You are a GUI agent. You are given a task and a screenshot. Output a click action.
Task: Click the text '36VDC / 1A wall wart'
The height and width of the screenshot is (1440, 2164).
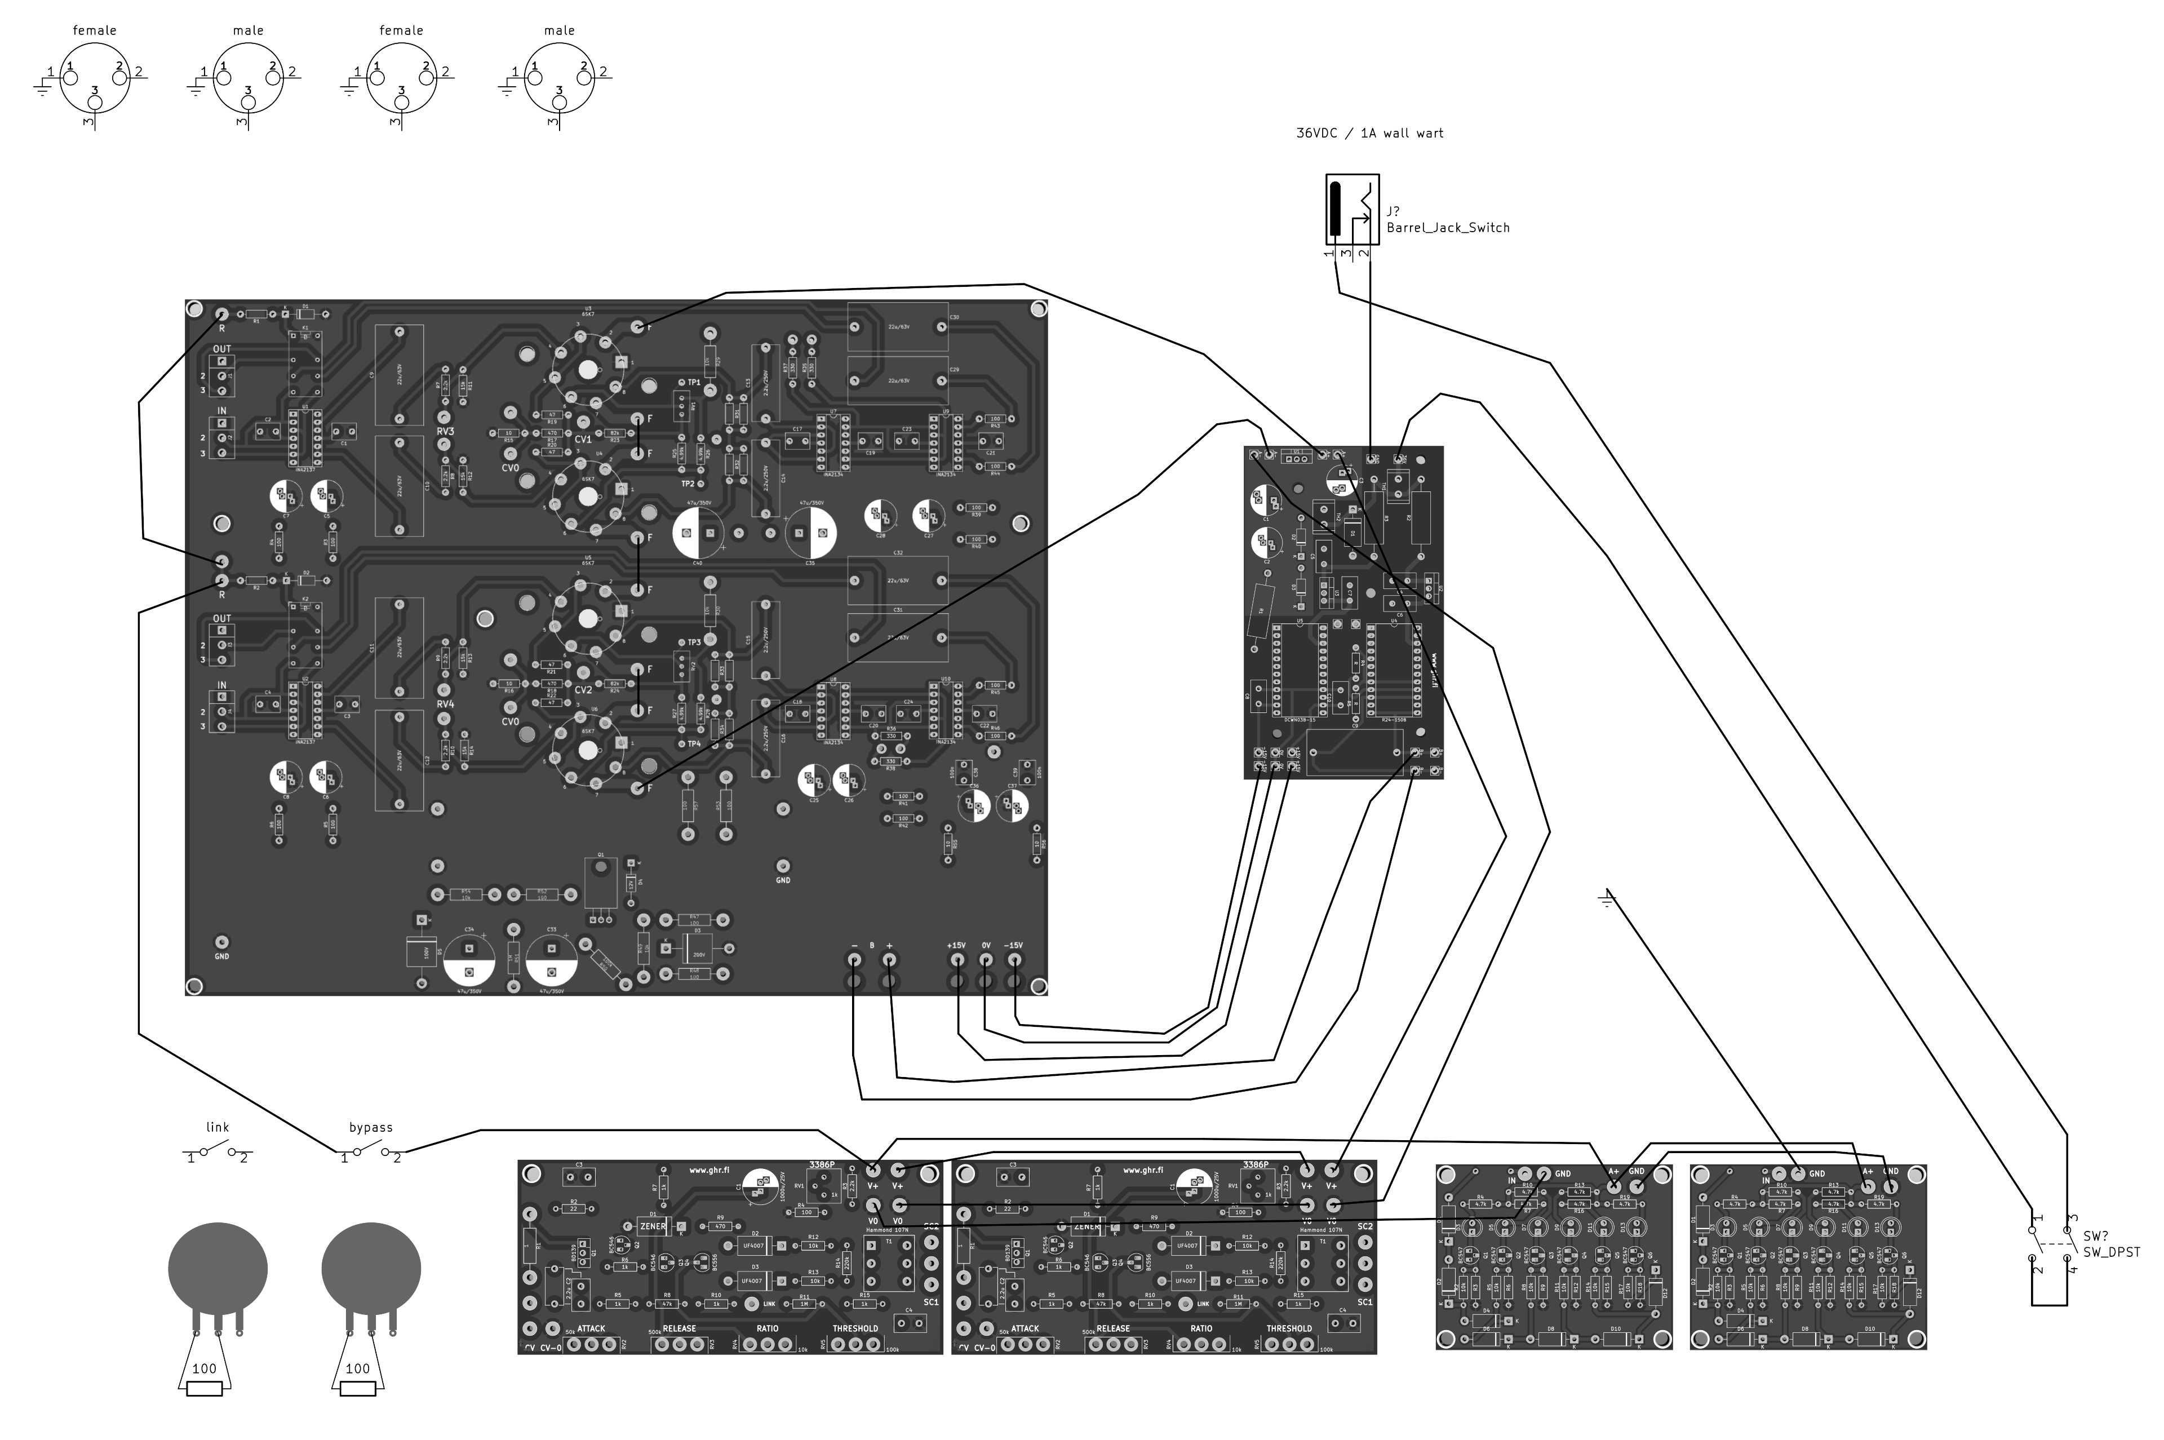pyautogui.click(x=1369, y=133)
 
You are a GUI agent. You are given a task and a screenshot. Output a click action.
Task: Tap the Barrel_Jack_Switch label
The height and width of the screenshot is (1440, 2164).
pyautogui.click(x=1447, y=228)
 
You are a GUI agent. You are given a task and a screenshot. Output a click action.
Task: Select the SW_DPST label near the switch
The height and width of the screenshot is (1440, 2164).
pyautogui.click(x=2111, y=1252)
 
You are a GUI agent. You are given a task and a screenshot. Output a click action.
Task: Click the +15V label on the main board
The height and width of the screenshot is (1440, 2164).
pyautogui.click(x=957, y=945)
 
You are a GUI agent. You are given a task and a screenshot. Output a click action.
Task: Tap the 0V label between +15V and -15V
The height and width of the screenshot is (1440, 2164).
pyautogui.click(x=986, y=945)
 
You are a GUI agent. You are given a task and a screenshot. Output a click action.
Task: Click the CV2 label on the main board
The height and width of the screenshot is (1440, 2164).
pyautogui.click(x=583, y=690)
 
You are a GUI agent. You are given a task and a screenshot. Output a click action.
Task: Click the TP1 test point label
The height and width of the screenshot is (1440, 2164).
pyautogui.click(x=694, y=382)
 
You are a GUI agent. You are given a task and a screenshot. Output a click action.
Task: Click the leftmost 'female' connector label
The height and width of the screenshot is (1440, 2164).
pyautogui.click(x=95, y=30)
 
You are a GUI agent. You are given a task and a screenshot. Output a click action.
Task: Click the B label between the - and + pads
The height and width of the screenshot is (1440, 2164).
pyautogui.click(x=871, y=945)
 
